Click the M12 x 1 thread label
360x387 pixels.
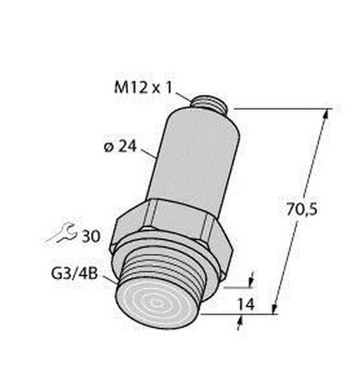(x=143, y=88)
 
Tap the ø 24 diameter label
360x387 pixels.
(x=120, y=147)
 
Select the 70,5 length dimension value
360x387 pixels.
(x=302, y=210)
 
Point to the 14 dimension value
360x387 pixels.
(x=246, y=304)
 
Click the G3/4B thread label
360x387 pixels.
(x=74, y=274)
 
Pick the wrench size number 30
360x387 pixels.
(x=91, y=236)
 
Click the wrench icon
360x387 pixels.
(x=61, y=233)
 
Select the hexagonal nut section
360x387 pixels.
(x=172, y=230)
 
